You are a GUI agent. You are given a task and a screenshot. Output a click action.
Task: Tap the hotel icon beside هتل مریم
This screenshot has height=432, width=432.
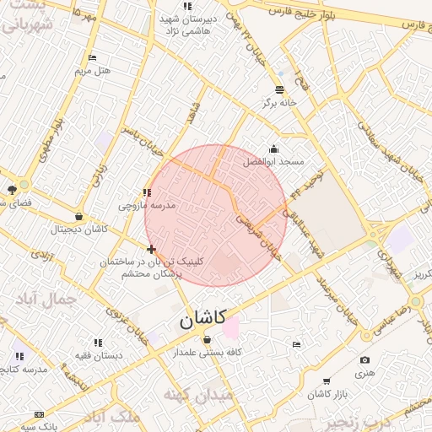pyautogui.click(x=92, y=57)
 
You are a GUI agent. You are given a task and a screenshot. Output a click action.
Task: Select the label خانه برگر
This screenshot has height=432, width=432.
pyautogui.click(x=280, y=102)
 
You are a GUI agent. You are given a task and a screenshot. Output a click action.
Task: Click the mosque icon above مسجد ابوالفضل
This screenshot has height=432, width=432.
pyautogui.click(x=273, y=148)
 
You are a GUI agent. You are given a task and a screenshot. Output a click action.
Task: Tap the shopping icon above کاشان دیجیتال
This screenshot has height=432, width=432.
pyautogui.click(x=79, y=216)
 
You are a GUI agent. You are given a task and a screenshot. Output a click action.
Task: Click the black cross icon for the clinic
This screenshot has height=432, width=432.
pyautogui.click(x=151, y=249)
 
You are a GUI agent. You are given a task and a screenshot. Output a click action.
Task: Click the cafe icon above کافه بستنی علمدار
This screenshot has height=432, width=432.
pyautogui.click(x=208, y=339)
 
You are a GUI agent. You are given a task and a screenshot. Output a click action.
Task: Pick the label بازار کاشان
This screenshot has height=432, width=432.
pyautogui.click(x=321, y=395)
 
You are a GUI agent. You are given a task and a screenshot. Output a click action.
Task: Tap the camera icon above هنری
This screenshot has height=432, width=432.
pyautogui.click(x=364, y=359)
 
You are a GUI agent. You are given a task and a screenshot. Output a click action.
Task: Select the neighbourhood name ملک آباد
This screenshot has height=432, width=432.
pyautogui.click(x=117, y=417)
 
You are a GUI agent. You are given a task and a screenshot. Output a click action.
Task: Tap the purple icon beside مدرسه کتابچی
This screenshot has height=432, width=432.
pyautogui.click(x=18, y=357)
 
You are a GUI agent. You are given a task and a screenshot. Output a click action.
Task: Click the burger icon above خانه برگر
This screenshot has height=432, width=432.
pyautogui.click(x=280, y=89)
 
